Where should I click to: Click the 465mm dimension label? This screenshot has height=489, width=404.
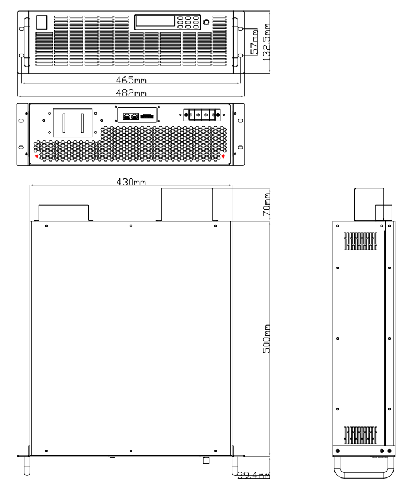point(131,80)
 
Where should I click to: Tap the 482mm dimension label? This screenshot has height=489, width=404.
point(131,93)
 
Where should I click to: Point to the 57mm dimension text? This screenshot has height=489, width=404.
point(254,42)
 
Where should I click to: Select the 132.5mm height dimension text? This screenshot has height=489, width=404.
point(266,42)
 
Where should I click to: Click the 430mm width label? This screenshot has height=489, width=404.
point(131,181)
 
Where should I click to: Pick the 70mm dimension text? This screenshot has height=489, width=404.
point(266,205)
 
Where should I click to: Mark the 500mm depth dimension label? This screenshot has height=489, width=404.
point(266,339)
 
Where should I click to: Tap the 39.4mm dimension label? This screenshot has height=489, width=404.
point(253,475)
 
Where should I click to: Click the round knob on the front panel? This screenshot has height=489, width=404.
point(206,23)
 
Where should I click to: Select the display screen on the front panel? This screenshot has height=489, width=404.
point(155,21)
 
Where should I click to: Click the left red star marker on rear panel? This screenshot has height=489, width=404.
point(37,156)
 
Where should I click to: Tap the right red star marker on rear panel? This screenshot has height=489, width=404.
point(223,156)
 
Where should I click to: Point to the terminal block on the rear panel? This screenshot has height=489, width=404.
point(202,115)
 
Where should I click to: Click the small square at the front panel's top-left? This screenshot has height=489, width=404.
point(42,23)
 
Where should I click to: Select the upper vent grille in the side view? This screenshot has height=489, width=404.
point(361,241)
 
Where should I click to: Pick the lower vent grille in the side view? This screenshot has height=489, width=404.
point(361,435)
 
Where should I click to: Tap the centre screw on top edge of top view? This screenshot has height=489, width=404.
point(131,226)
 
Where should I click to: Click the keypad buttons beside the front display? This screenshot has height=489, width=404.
point(188,23)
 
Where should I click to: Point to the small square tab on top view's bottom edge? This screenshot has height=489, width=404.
point(206,460)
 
